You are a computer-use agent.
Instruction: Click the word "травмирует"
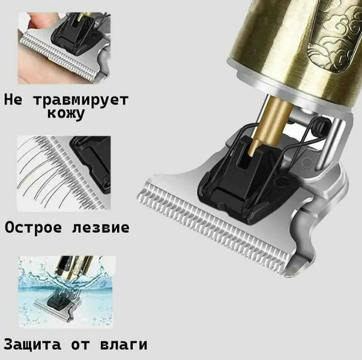81,101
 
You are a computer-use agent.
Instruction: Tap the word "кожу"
66,114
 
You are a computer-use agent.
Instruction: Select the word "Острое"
34,228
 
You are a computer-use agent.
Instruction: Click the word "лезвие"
101,228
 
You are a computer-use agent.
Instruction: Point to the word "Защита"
32,345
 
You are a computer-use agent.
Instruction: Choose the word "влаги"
124,345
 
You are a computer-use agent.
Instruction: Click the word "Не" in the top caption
13,100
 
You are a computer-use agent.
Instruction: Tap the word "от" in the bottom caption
80,346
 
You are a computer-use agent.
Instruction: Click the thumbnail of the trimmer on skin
64,48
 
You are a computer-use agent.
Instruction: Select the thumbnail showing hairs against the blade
64,173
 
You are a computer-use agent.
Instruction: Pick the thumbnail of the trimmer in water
67,292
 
